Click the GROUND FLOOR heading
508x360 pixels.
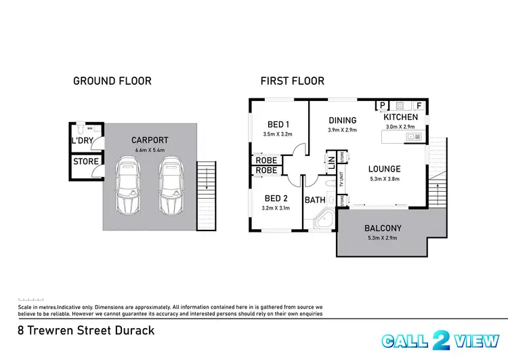click(x=112, y=81)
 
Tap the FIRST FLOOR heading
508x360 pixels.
click(x=292, y=81)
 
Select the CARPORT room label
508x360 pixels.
click(x=150, y=141)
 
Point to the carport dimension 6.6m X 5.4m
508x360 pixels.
click(x=150, y=151)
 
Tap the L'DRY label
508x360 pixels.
click(x=82, y=142)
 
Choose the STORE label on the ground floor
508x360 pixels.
click(x=86, y=162)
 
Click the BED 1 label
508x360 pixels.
click(x=278, y=124)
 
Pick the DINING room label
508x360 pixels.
click(x=342, y=121)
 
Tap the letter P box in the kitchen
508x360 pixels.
click(x=382, y=106)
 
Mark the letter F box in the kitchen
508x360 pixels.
click(x=419, y=106)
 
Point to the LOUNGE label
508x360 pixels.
click(x=384, y=169)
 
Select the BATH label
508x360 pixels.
click(x=315, y=200)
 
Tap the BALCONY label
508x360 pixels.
click(x=383, y=228)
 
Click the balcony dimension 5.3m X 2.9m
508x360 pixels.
click(x=383, y=239)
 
